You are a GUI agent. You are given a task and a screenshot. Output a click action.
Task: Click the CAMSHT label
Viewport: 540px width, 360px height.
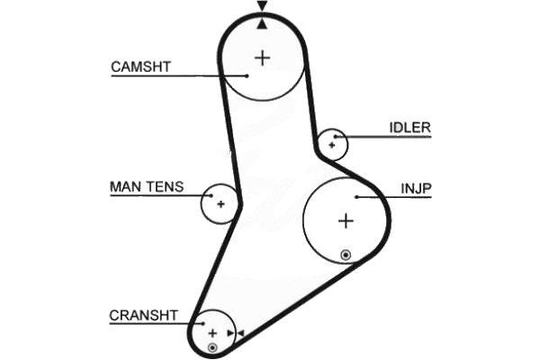[x=140, y=67]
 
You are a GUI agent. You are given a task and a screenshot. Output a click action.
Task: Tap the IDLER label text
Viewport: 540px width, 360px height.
[x=409, y=128]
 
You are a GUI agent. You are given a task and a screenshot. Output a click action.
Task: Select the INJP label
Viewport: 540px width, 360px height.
[x=417, y=189]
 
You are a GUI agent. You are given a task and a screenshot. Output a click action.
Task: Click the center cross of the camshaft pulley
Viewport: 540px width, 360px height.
[x=262, y=58]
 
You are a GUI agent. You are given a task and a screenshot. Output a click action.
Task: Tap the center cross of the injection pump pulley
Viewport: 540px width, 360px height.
[x=346, y=220]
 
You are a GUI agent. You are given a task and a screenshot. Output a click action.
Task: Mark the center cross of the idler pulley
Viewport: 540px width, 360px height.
[x=332, y=144]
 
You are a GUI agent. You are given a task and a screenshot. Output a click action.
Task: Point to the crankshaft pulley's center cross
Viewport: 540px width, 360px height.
[x=213, y=333]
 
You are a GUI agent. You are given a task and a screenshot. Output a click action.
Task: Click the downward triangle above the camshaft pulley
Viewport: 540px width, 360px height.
[x=262, y=6]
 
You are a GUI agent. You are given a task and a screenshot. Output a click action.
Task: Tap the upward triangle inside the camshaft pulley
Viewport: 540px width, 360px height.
[x=262, y=23]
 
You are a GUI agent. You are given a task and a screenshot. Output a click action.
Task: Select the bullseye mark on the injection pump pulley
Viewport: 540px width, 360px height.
[x=346, y=255]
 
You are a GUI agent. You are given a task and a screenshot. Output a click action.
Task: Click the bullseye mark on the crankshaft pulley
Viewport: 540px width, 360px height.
[x=212, y=347]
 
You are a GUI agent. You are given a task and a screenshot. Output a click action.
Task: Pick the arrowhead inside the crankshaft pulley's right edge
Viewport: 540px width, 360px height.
[x=230, y=334]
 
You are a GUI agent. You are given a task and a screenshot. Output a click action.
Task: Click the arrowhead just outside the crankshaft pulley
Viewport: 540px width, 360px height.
[x=240, y=334]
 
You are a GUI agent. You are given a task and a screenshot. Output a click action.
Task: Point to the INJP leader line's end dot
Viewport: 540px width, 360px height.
[x=357, y=196]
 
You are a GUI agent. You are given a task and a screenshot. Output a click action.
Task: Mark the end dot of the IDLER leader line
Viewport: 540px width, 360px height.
[x=337, y=137]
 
